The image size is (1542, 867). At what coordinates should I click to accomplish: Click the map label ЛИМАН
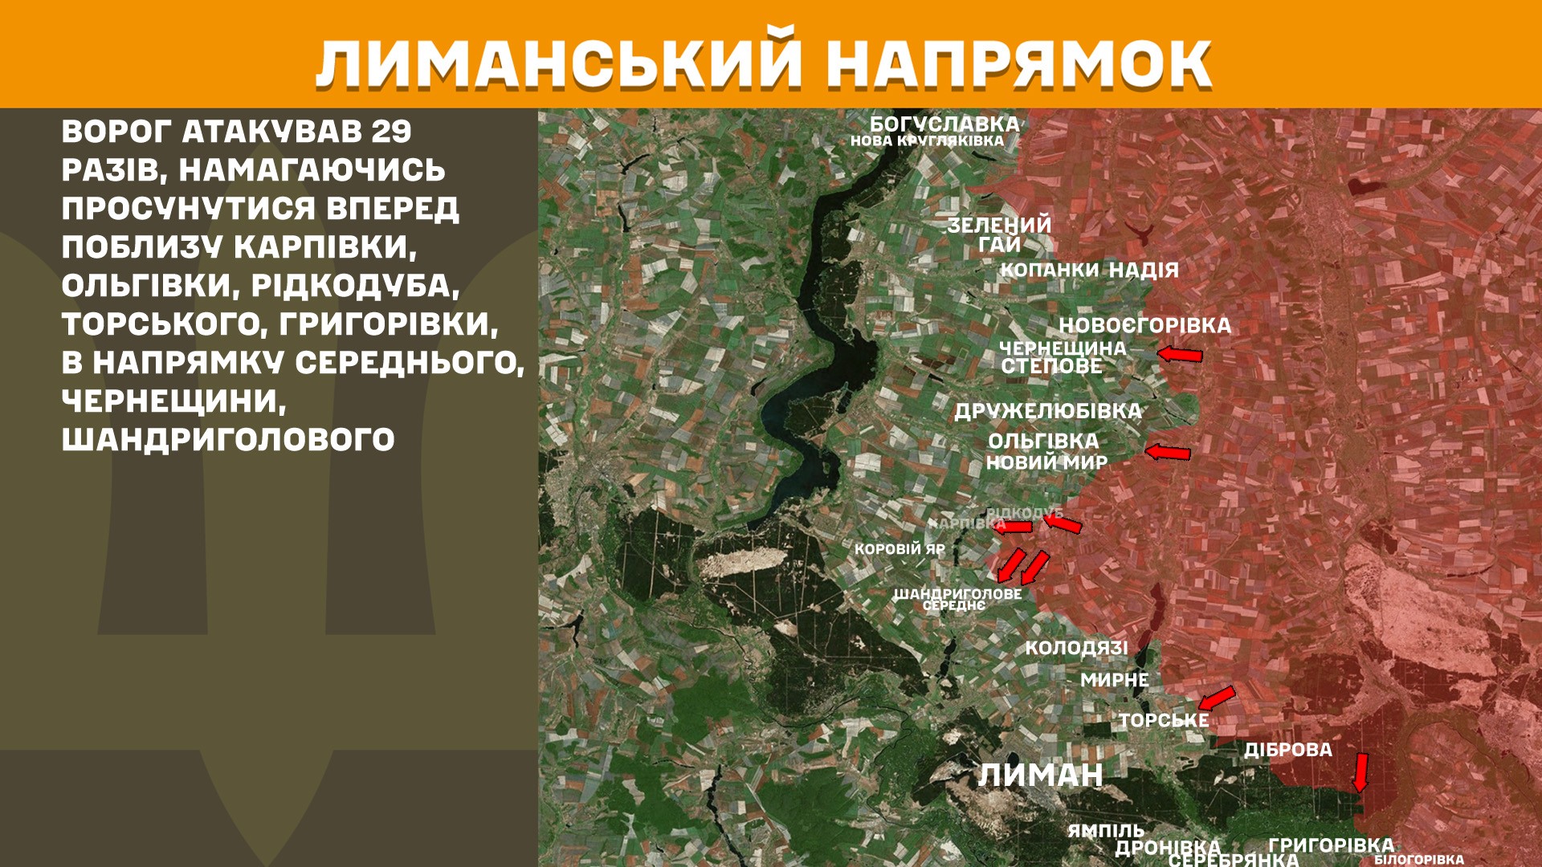1040,775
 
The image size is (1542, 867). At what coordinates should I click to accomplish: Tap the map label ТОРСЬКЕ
1164,721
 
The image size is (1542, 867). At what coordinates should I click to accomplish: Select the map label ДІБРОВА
1288,750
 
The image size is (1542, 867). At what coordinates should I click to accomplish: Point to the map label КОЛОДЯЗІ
1076,648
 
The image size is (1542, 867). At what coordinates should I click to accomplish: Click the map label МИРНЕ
1114,680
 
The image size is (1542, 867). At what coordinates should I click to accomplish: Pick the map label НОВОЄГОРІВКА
1144,325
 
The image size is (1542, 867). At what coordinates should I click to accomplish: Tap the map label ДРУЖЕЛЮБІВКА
1047,411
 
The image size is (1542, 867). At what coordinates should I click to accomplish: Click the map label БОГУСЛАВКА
944,124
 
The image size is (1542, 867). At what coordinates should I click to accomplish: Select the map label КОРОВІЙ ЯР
899,549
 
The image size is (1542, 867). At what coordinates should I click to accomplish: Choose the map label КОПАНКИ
1049,270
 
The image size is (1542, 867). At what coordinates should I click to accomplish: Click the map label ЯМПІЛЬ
1105,831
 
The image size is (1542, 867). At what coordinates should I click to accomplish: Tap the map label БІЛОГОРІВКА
1418,860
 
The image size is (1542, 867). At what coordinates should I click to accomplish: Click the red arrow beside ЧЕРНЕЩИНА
1180,354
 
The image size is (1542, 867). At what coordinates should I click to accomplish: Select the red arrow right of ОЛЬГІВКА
1168,453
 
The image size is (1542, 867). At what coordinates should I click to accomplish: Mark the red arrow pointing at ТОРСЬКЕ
1216,698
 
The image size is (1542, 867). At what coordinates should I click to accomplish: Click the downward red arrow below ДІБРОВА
1360,772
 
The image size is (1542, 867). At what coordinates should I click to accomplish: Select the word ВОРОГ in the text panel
116,132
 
